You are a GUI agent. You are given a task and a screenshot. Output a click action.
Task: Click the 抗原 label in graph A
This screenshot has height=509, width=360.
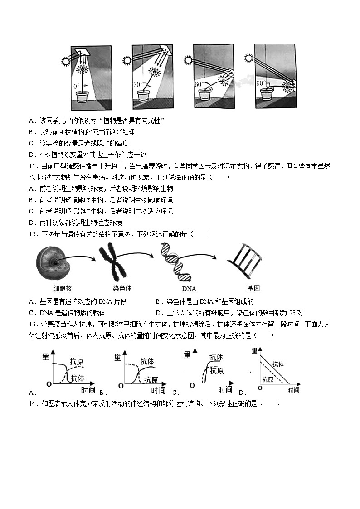click(x=77, y=361)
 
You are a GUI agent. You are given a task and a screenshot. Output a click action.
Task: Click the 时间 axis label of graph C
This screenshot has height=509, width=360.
click(x=225, y=390)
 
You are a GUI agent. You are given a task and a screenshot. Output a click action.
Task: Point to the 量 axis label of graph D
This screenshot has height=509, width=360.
click(x=254, y=350)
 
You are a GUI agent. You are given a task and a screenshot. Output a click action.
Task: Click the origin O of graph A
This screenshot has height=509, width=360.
click(x=48, y=385)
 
